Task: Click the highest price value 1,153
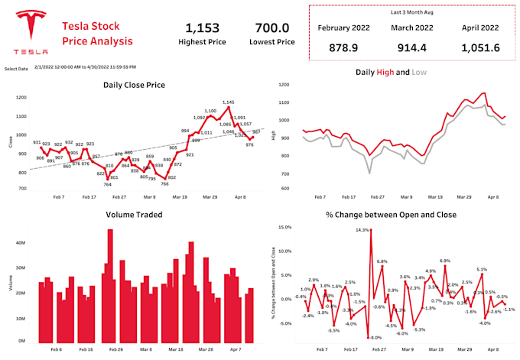click(x=201, y=28)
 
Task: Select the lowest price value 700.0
click(x=271, y=28)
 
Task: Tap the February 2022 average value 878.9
click(x=344, y=47)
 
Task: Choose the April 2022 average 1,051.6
click(x=479, y=47)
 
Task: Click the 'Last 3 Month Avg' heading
click(x=413, y=13)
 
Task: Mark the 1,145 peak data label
click(x=228, y=102)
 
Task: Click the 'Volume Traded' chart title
click(x=135, y=215)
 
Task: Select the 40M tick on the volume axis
click(x=21, y=242)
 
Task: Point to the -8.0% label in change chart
click(x=375, y=336)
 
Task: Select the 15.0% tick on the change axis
click(x=284, y=227)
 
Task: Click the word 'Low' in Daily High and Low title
click(x=421, y=72)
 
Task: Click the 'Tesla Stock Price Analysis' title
click(x=97, y=33)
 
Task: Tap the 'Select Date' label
click(x=16, y=68)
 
